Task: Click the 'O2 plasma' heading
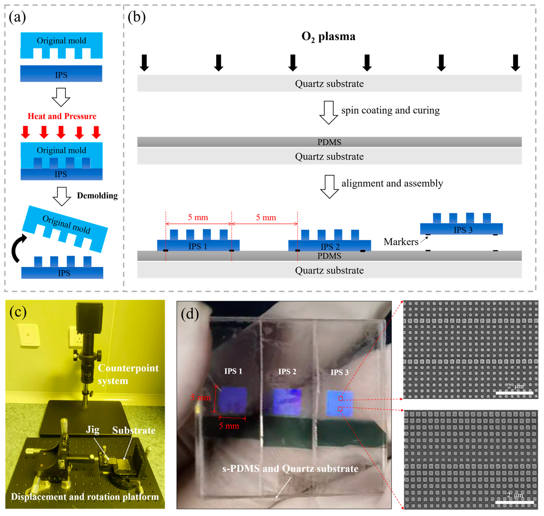328,37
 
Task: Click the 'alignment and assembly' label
392,183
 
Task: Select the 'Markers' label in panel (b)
401,242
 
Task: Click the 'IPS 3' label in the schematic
463,230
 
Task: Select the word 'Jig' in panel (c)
93,430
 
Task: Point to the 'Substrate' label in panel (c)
134,430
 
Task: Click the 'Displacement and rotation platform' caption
85,497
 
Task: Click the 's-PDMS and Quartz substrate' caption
290,468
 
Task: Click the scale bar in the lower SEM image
514,502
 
